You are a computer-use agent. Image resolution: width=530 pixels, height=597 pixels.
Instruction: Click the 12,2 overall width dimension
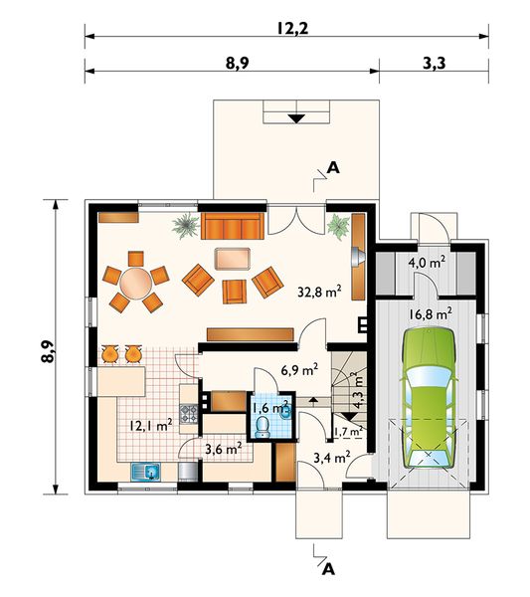(292, 28)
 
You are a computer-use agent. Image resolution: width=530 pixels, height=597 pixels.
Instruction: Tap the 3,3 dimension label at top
(435, 63)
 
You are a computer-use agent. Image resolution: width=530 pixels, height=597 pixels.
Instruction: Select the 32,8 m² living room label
(319, 292)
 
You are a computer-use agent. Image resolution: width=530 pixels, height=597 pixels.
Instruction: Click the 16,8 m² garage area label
(431, 314)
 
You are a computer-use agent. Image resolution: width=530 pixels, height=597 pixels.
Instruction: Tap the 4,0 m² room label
(427, 263)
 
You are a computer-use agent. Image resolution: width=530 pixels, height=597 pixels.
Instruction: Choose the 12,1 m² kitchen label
(151, 425)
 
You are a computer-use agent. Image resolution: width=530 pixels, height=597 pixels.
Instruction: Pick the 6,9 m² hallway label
(300, 370)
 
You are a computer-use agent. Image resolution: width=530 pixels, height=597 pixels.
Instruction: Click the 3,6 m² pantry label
(224, 449)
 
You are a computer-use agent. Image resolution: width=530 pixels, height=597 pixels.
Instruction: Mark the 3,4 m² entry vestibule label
(332, 457)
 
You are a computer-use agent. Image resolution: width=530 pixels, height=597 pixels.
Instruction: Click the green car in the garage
(429, 397)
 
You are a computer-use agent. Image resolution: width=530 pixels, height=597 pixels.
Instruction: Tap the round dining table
(136, 283)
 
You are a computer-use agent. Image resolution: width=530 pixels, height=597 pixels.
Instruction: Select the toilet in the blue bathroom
(263, 427)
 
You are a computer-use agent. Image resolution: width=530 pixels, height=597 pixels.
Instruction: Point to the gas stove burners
(188, 414)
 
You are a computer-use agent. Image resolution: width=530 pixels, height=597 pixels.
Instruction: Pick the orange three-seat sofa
(232, 226)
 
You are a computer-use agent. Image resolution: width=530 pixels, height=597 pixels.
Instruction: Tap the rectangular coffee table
(233, 259)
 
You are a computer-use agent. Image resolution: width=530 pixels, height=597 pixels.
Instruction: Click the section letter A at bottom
(328, 569)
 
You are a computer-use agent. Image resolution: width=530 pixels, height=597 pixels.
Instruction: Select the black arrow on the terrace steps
(296, 118)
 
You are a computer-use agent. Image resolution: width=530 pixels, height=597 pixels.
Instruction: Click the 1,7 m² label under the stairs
(348, 432)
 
